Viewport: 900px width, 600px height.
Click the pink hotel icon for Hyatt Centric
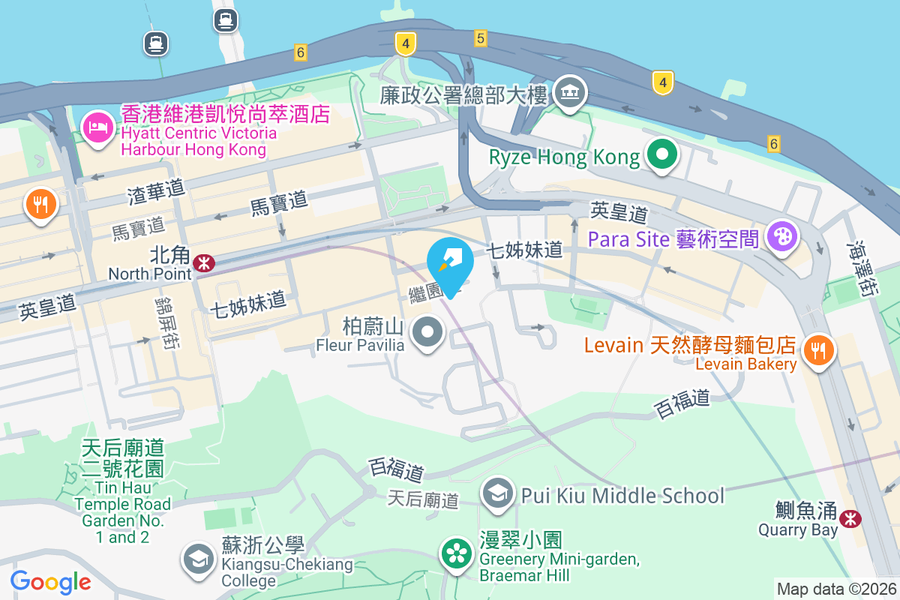coord(97,127)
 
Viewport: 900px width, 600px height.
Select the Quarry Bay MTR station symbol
coord(850,518)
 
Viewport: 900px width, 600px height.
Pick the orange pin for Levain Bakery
coord(817,350)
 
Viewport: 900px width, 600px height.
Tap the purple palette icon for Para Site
coord(781,237)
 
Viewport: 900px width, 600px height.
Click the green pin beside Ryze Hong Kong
coord(661,156)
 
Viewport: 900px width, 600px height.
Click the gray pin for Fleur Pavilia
coord(428,332)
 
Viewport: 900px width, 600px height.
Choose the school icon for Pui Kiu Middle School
coord(497,494)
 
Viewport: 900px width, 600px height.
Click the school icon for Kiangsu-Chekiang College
coord(199,559)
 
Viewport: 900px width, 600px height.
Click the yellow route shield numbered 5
coord(481,37)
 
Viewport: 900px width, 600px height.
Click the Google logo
coord(51,581)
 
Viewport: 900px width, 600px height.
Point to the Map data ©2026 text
coord(835,589)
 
